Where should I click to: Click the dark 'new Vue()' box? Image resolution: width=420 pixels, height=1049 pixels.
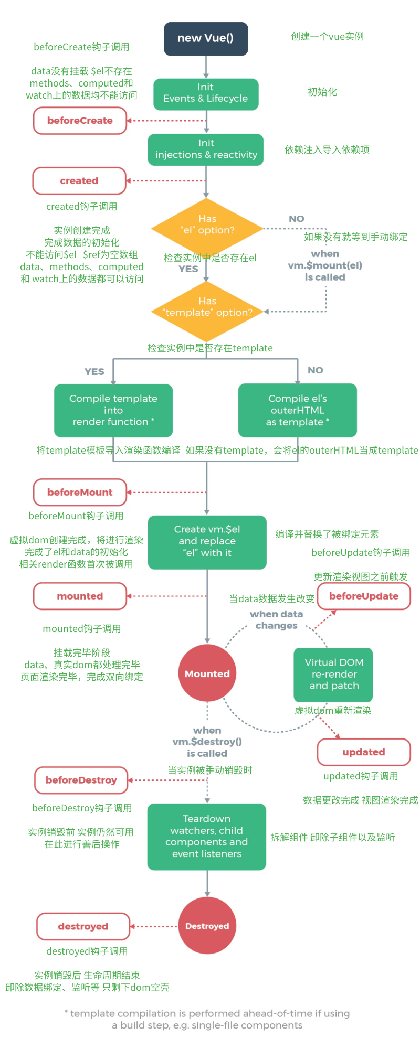click(x=206, y=39)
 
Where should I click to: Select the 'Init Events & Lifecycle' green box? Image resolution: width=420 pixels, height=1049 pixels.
click(x=206, y=94)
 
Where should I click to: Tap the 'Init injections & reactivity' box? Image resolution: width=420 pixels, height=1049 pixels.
click(x=206, y=149)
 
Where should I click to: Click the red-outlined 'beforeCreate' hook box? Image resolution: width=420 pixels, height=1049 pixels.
click(x=80, y=121)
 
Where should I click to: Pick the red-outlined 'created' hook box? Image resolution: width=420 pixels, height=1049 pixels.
click(x=79, y=181)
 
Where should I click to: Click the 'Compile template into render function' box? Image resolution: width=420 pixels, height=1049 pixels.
click(x=113, y=410)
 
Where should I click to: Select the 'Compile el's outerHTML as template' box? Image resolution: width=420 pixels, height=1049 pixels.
click(x=298, y=410)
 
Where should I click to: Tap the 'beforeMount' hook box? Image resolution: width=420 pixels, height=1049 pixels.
click(x=80, y=493)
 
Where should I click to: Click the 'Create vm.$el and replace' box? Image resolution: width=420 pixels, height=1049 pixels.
click(x=207, y=542)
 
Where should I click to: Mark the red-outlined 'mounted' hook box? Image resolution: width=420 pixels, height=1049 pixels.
click(x=80, y=596)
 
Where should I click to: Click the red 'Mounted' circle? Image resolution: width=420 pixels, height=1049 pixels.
click(x=207, y=673)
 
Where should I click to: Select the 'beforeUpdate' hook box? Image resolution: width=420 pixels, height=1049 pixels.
click(x=364, y=596)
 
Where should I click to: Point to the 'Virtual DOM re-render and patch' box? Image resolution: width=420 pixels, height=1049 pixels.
click(x=333, y=675)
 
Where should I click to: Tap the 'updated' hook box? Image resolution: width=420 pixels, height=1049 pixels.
click(x=364, y=752)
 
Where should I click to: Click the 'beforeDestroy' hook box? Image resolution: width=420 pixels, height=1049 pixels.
click(x=81, y=780)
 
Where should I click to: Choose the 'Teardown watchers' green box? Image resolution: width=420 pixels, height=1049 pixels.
click(x=207, y=837)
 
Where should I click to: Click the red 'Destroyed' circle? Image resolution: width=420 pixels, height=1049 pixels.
click(x=207, y=926)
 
